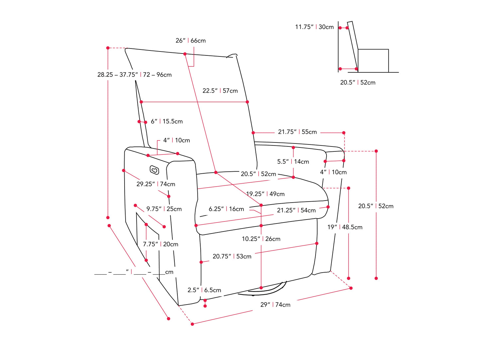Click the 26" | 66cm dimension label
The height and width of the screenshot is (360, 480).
click(191, 41)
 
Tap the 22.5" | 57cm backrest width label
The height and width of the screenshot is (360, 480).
click(220, 91)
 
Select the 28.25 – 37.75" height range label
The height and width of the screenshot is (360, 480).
click(134, 75)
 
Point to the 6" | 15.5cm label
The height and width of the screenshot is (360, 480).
click(167, 122)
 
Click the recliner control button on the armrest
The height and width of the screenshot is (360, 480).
click(154, 170)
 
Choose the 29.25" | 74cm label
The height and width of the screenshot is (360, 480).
click(155, 184)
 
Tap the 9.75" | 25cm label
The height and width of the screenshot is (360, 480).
click(164, 209)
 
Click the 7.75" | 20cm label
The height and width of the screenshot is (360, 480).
click(160, 244)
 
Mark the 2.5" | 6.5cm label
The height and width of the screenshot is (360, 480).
click(204, 290)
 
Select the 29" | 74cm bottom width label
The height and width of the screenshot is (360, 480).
click(275, 305)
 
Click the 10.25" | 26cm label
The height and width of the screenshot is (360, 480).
click(261, 239)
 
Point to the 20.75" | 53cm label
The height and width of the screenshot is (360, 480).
click(232, 256)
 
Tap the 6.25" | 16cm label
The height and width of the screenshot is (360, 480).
click(226, 209)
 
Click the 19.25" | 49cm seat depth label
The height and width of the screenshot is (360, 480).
click(265, 194)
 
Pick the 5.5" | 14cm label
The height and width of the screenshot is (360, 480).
click(293, 162)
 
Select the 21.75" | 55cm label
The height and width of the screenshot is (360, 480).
click(297, 132)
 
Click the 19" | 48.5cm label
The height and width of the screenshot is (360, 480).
click(345, 227)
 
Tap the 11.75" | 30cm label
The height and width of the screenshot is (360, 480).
click(314, 27)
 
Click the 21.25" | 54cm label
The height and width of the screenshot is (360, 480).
click(296, 210)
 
